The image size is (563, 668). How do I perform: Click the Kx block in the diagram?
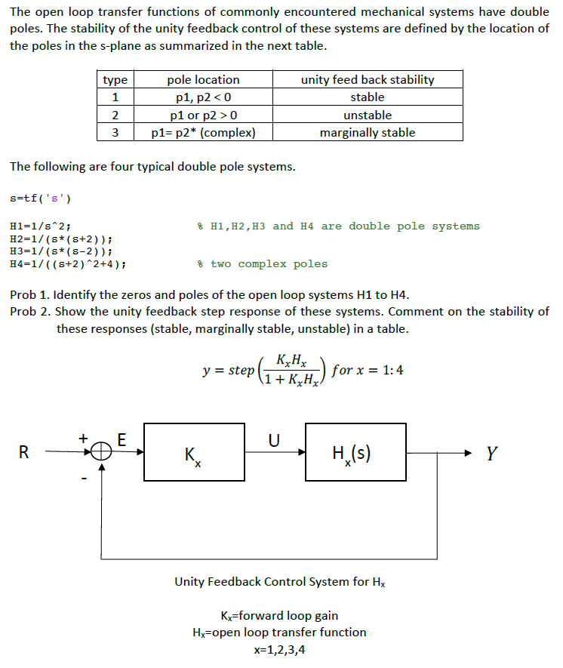[194, 451]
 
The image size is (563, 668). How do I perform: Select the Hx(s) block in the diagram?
[355, 451]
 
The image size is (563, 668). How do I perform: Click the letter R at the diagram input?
[25, 453]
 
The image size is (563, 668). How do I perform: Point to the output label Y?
[491, 453]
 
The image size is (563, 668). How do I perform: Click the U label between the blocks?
[275, 438]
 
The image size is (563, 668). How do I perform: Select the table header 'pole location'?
[203, 79]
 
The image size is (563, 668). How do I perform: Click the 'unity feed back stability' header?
[368, 79]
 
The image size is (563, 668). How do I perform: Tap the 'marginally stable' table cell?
[368, 132]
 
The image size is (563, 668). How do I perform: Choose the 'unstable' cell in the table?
[368, 115]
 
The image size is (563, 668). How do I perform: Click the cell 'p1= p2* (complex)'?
[203, 132]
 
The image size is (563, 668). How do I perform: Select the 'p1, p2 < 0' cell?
[203, 97]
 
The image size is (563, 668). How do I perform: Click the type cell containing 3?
[115, 132]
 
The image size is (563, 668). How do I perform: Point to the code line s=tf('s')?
[41, 199]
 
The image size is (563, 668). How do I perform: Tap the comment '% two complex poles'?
[262, 264]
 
